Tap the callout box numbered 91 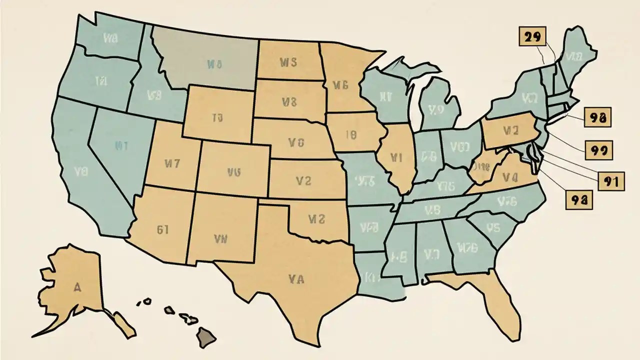611,182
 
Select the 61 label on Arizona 162,229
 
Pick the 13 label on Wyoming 217,118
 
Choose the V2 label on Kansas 303,181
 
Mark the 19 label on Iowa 350,134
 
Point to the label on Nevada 122,146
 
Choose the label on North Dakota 288,62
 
